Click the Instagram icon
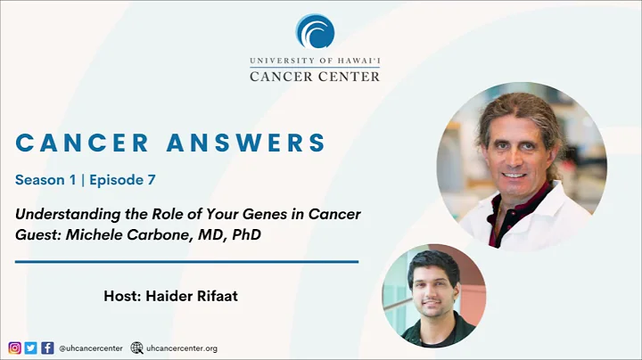click(14, 348)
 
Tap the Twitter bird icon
click(30, 348)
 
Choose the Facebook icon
click(47, 348)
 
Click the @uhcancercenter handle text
click(91, 348)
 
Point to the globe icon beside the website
click(136, 348)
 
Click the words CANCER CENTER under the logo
click(314, 76)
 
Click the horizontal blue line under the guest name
click(186, 262)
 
